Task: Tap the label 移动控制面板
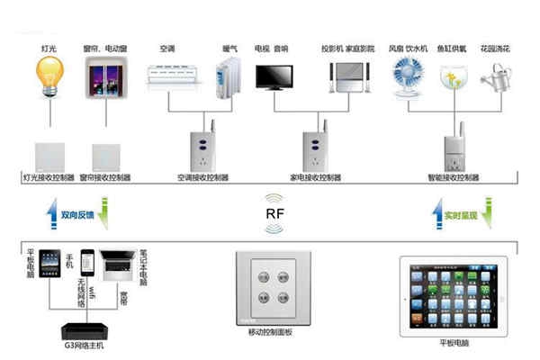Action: [x=270, y=332]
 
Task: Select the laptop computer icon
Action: [x=118, y=263]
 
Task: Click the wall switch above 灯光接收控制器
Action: [x=48, y=155]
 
